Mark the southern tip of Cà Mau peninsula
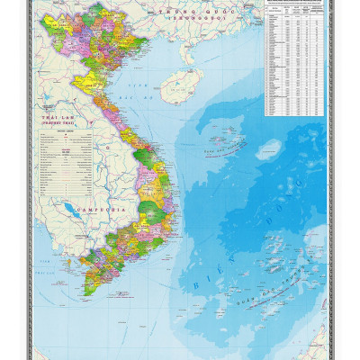point(88,294)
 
